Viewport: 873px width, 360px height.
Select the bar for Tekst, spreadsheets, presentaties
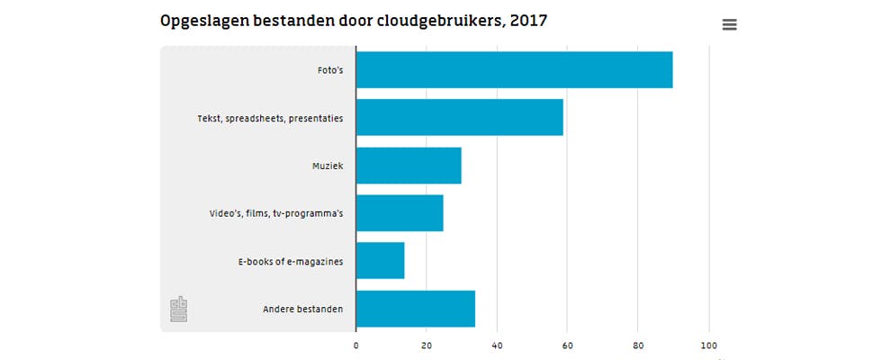459,118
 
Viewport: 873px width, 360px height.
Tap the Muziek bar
409,166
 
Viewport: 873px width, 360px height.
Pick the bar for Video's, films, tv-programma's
400,213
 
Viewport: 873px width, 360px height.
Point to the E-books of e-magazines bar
380,261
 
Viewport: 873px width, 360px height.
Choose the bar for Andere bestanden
415,309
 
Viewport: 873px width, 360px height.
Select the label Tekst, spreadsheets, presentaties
270,118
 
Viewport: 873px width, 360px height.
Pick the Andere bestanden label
302,310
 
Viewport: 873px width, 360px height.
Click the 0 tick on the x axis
356,345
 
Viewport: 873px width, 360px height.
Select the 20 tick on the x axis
427,345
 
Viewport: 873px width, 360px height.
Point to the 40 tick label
497,345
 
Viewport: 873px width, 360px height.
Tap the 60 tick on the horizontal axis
568,345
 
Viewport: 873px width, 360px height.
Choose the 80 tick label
638,345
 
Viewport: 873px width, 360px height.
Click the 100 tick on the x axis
708,345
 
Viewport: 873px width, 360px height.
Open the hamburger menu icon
730,25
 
